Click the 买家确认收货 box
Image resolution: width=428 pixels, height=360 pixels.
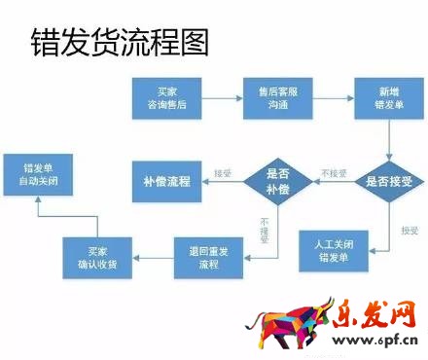[94, 257]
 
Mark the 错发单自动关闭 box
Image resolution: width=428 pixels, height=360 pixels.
[37, 173]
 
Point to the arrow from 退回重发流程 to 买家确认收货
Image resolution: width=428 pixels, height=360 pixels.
[151, 257]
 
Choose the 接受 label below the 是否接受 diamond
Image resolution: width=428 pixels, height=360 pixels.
[410, 231]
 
